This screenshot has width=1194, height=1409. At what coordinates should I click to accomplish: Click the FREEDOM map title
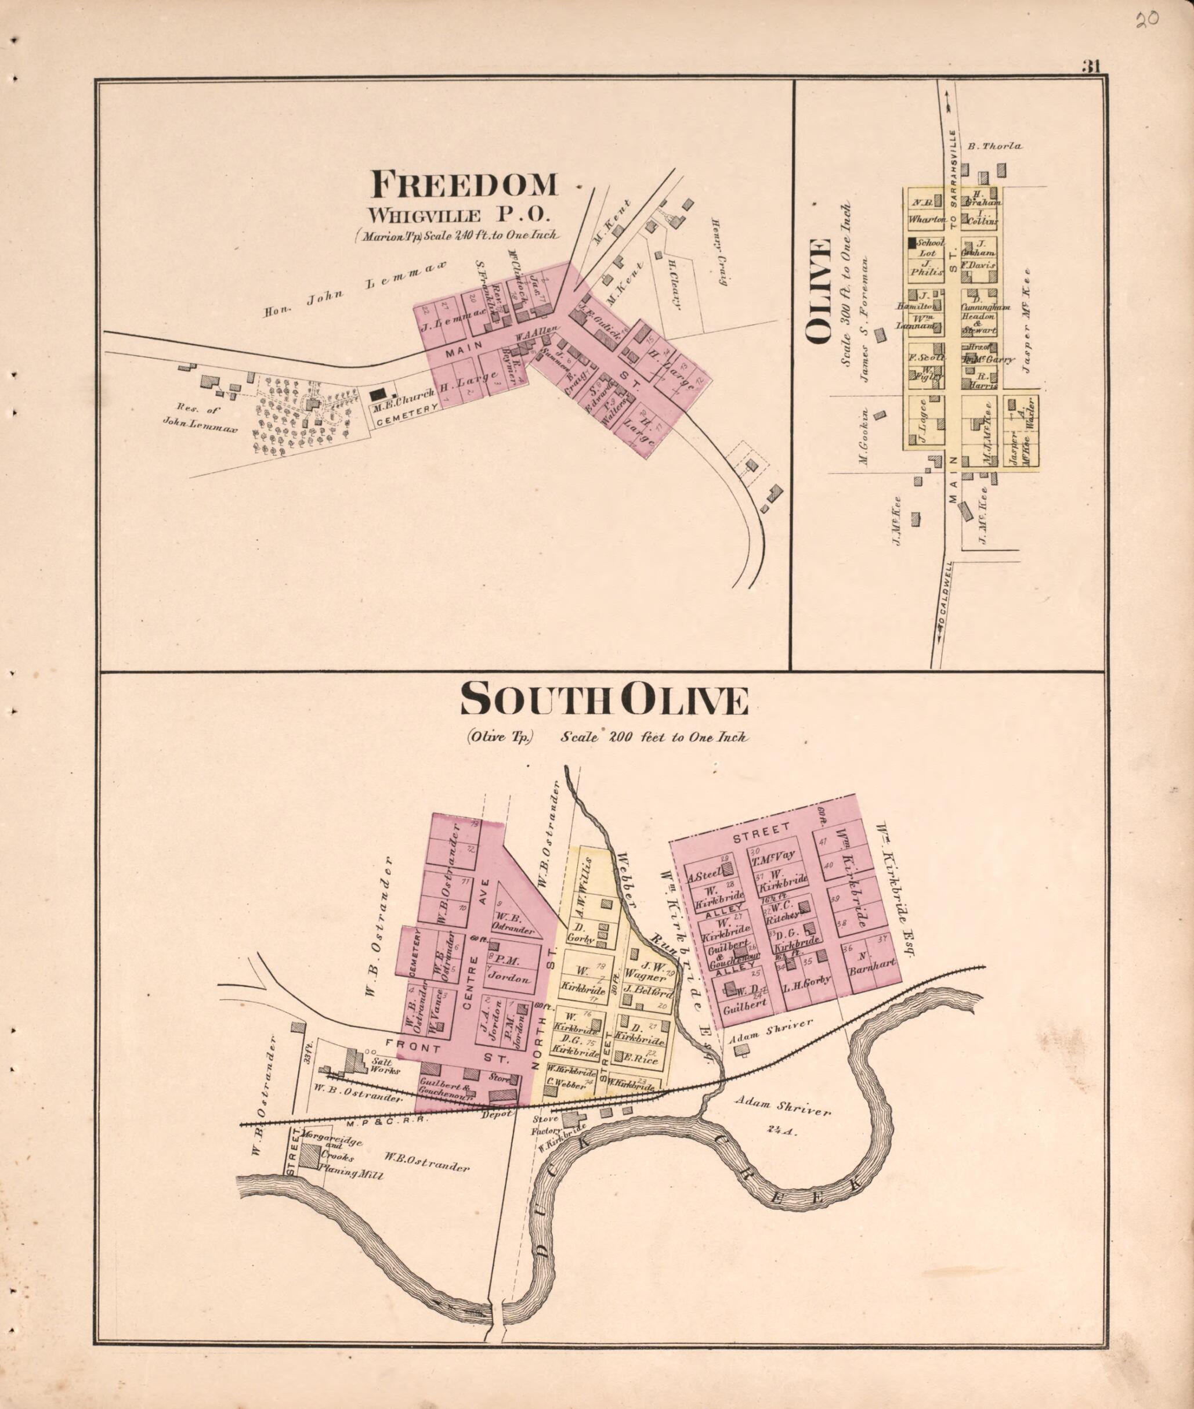pyautogui.click(x=464, y=184)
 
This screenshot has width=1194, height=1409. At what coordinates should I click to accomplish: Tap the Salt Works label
pyautogui.click(x=386, y=1067)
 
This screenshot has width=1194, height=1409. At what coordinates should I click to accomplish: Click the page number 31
pyautogui.click(x=1092, y=66)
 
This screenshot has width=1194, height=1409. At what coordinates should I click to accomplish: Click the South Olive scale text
pyautogui.click(x=654, y=738)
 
